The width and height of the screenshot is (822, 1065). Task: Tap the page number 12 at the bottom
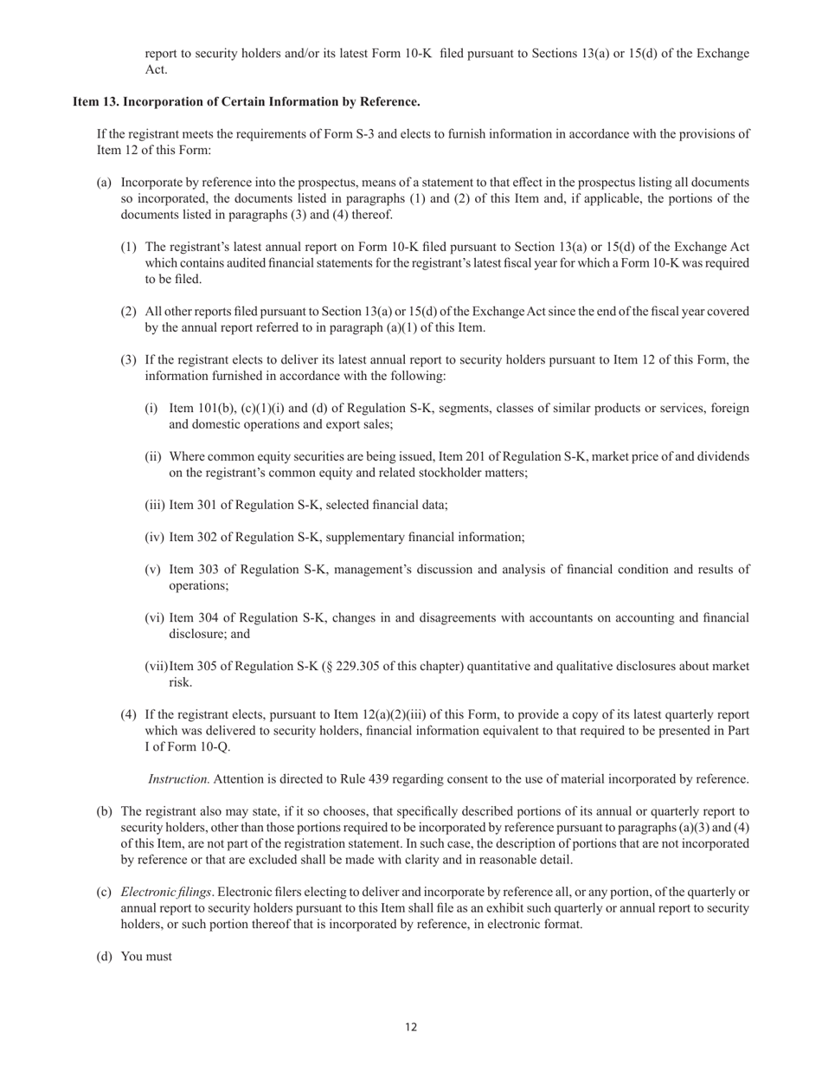pyautogui.click(x=411, y=1027)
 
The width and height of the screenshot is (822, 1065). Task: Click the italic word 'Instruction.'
pyautogui.click(x=179, y=779)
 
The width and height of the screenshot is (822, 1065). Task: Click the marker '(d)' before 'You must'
pyautogui.click(x=105, y=957)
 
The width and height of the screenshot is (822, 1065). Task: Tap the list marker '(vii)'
pyautogui.click(x=156, y=667)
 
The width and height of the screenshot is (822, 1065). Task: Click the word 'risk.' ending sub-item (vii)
pyautogui.click(x=181, y=682)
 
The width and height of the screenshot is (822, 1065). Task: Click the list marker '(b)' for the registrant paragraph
pyautogui.click(x=105, y=812)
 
